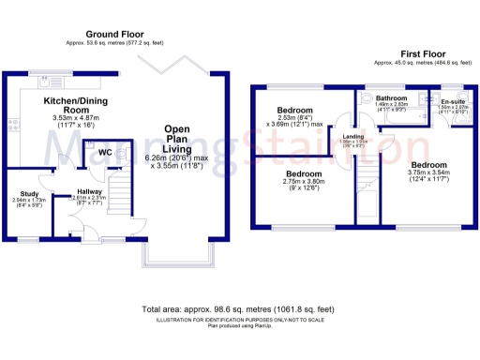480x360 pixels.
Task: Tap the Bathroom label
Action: (391, 97)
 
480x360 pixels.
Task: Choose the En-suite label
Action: (454, 100)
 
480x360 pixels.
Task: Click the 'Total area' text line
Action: (239, 309)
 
